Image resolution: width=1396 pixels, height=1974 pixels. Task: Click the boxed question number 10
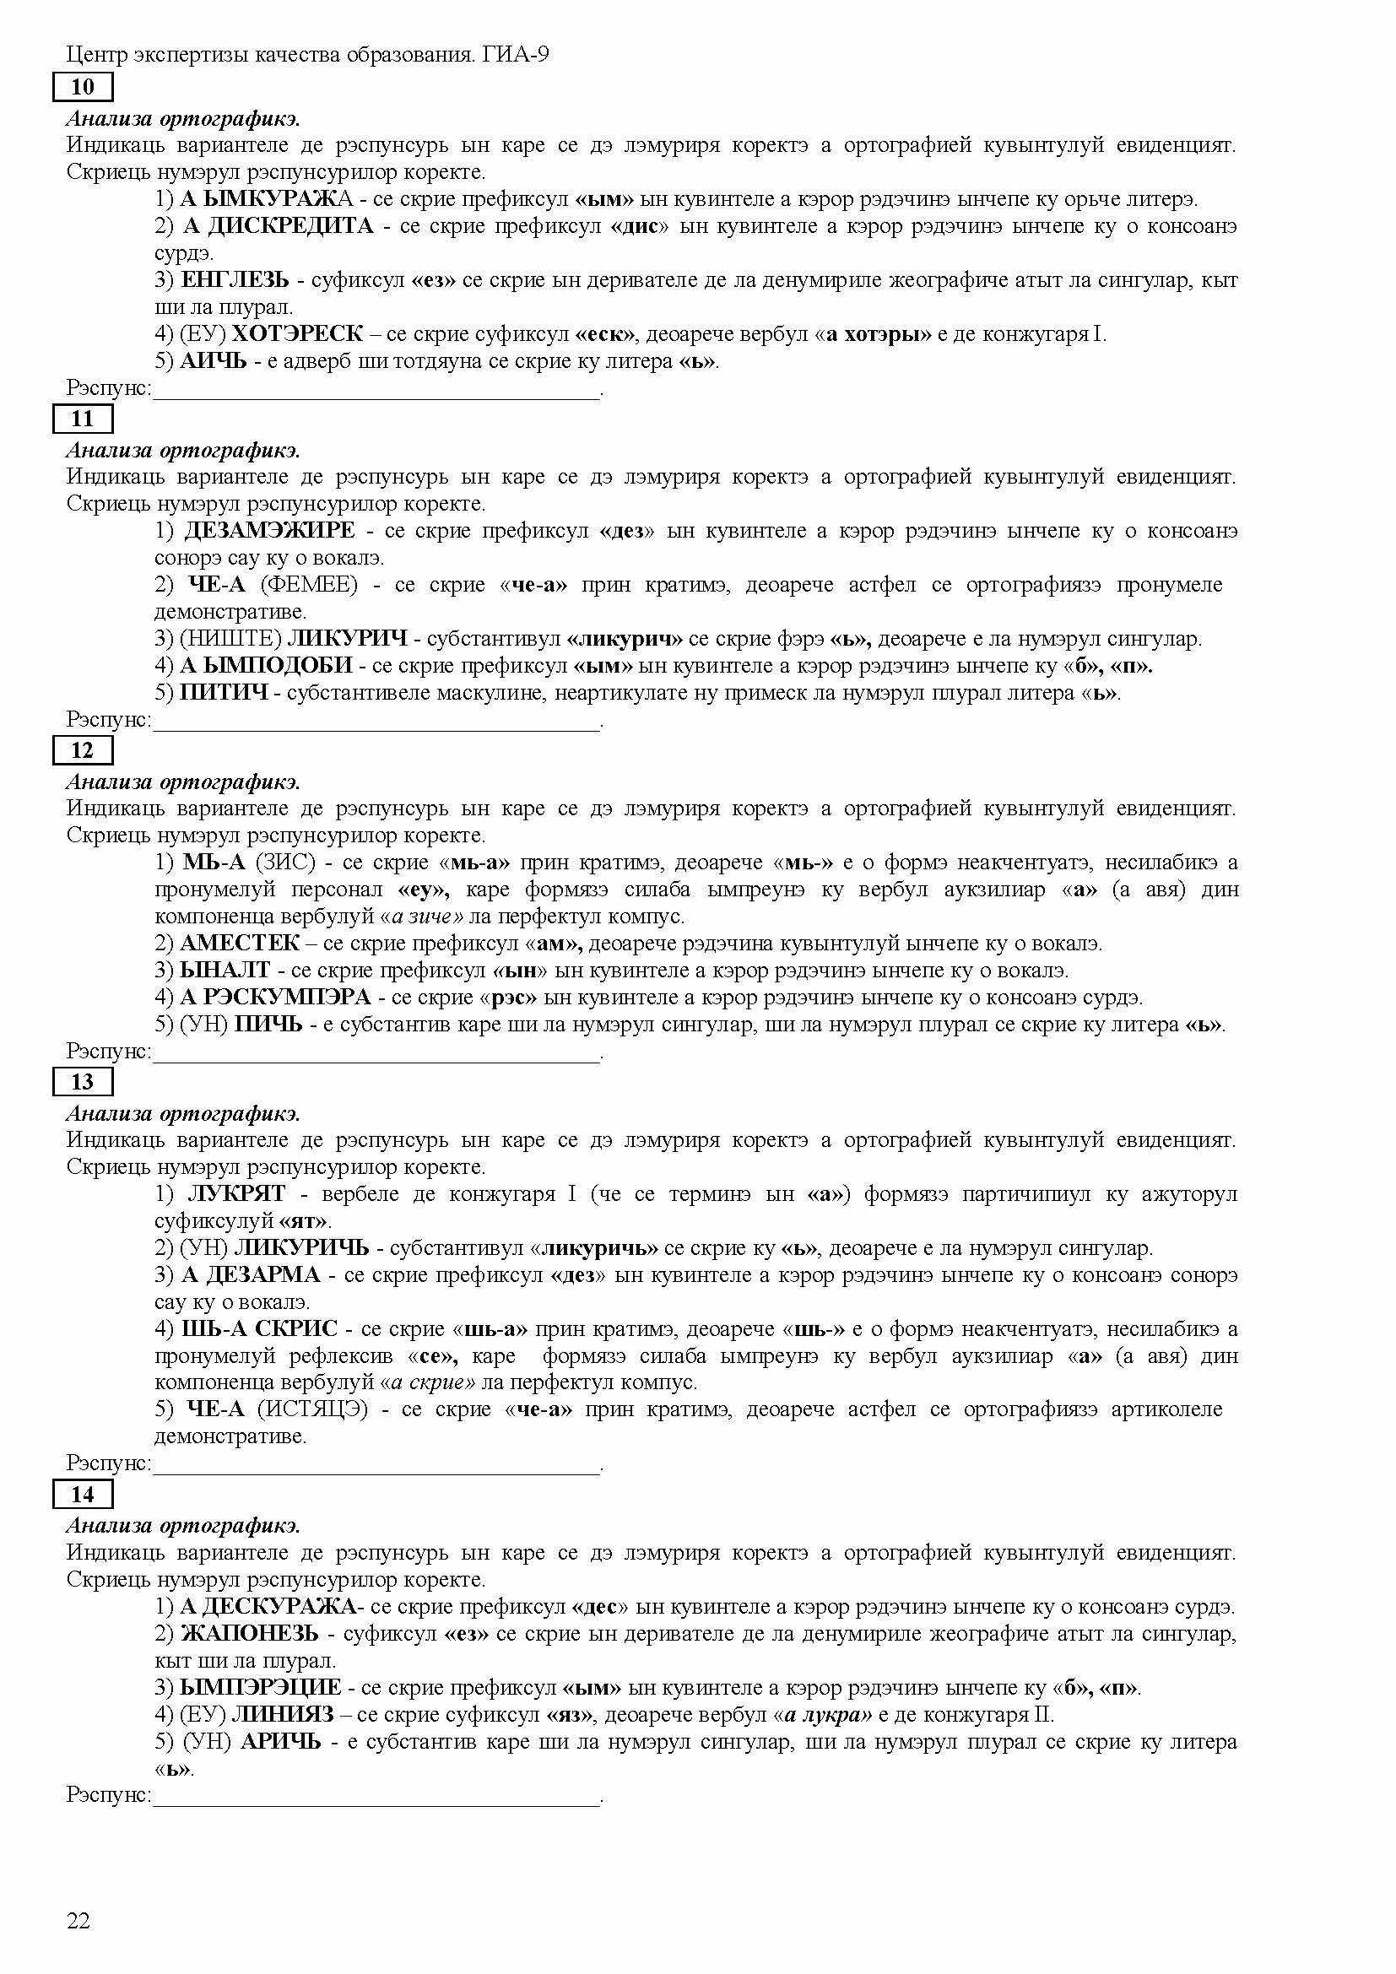[x=83, y=87]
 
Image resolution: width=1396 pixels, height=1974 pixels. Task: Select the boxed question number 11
[x=83, y=419]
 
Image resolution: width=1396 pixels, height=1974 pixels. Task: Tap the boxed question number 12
[x=83, y=750]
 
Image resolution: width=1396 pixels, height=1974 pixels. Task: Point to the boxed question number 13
[x=83, y=1082]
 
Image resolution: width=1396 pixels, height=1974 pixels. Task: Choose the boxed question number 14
[x=83, y=1495]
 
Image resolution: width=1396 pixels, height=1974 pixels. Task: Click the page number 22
[x=78, y=1921]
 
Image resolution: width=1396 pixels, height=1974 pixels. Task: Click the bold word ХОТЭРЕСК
[x=297, y=333]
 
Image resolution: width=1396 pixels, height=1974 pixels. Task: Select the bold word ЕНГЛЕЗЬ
[x=235, y=279]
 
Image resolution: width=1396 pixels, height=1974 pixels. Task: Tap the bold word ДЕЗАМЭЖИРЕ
[x=270, y=531]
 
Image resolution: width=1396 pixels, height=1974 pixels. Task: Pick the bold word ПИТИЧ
[x=224, y=692]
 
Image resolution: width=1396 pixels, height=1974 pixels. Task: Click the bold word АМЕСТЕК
[x=239, y=944]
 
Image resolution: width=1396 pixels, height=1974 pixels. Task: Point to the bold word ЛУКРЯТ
[x=236, y=1193]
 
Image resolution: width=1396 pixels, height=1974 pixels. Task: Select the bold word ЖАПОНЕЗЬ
[x=249, y=1633]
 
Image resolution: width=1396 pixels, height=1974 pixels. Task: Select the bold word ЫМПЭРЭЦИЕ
[x=261, y=1687]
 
